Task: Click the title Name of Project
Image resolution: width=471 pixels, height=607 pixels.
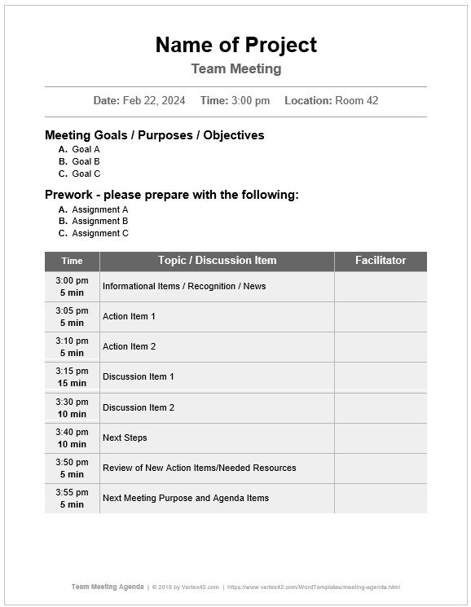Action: tap(236, 45)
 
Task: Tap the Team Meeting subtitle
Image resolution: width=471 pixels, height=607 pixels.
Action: tap(236, 69)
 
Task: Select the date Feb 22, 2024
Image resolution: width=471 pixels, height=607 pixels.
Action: tap(154, 101)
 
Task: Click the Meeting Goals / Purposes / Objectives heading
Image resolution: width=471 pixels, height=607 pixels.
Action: tap(154, 135)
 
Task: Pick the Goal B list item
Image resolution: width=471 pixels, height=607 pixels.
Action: tap(86, 161)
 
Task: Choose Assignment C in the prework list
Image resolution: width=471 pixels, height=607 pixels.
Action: tap(99, 233)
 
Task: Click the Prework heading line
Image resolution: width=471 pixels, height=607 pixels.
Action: tap(171, 195)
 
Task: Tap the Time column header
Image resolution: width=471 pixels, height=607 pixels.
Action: tap(72, 261)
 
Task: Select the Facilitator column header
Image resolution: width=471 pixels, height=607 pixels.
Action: tap(380, 261)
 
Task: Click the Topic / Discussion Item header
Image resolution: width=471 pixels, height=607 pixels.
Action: tap(217, 261)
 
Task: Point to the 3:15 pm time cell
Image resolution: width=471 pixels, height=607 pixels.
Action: tap(72, 376)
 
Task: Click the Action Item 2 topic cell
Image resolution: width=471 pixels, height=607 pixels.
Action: tap(129, 346)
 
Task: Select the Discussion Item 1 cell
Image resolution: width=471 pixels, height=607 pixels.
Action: tap(139, 376)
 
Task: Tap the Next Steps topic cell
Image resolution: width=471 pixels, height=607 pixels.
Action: tap(125, 438)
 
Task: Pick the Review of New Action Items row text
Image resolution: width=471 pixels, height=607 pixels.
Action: tap(199, 468)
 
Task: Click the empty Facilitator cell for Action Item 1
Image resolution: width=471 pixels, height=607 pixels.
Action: tap(380, 316)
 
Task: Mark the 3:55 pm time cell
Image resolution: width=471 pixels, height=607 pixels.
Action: tap(72, 498)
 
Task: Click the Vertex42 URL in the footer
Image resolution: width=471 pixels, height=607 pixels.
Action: tap(314, 587)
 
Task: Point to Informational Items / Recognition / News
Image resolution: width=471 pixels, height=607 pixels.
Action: tap(184, 286)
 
